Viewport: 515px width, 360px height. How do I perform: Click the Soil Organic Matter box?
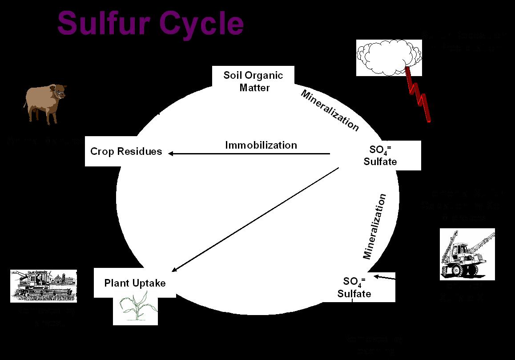[x=253, y=81]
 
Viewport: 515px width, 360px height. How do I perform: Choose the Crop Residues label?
[x=126, y=151]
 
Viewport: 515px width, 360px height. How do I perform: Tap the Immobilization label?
[x=261, y=145]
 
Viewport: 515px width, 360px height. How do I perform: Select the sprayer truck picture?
[x=467, y=254]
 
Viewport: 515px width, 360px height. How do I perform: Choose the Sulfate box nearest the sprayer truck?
[x=354, y=287]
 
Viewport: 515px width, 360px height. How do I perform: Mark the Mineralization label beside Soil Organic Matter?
[x=330, y=110]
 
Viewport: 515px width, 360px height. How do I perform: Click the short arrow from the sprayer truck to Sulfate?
[x=384, y=278]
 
